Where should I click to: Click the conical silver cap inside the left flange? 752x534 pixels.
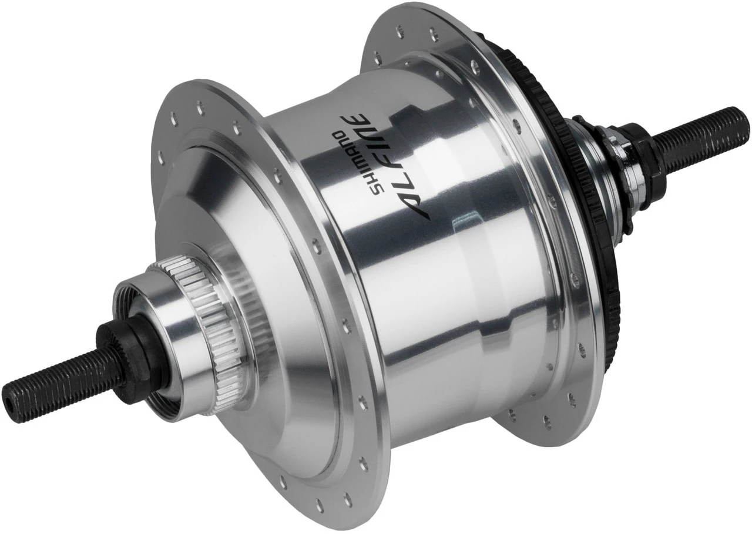pos(235,194)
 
